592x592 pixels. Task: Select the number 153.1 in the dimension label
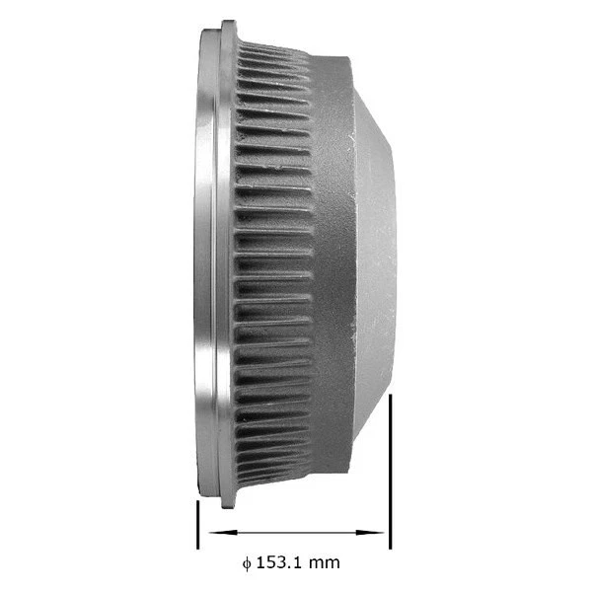[281, 562]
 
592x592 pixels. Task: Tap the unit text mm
[325, 563]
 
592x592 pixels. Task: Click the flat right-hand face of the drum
[379, 266]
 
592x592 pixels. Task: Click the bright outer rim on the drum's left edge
[204, 266]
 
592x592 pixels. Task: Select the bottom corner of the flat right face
[393, 385]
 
